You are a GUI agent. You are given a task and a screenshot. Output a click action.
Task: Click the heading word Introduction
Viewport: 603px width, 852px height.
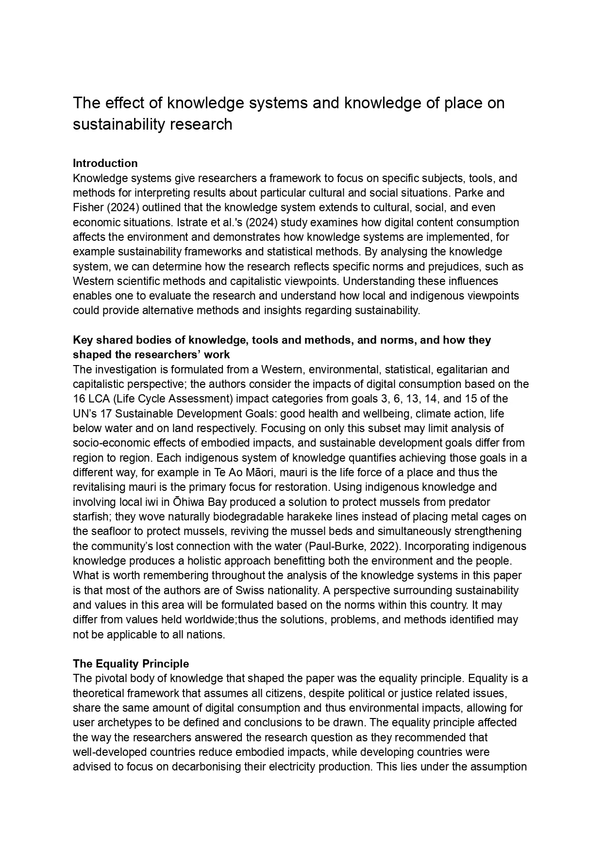pyautogui.click(x=105, y=163)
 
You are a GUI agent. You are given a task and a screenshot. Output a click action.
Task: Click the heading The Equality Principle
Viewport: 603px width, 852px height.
pyautogui.click(x=131, y=664)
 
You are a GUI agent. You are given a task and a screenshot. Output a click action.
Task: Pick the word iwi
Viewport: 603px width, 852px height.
pyautogui.click(x=155, y=502)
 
